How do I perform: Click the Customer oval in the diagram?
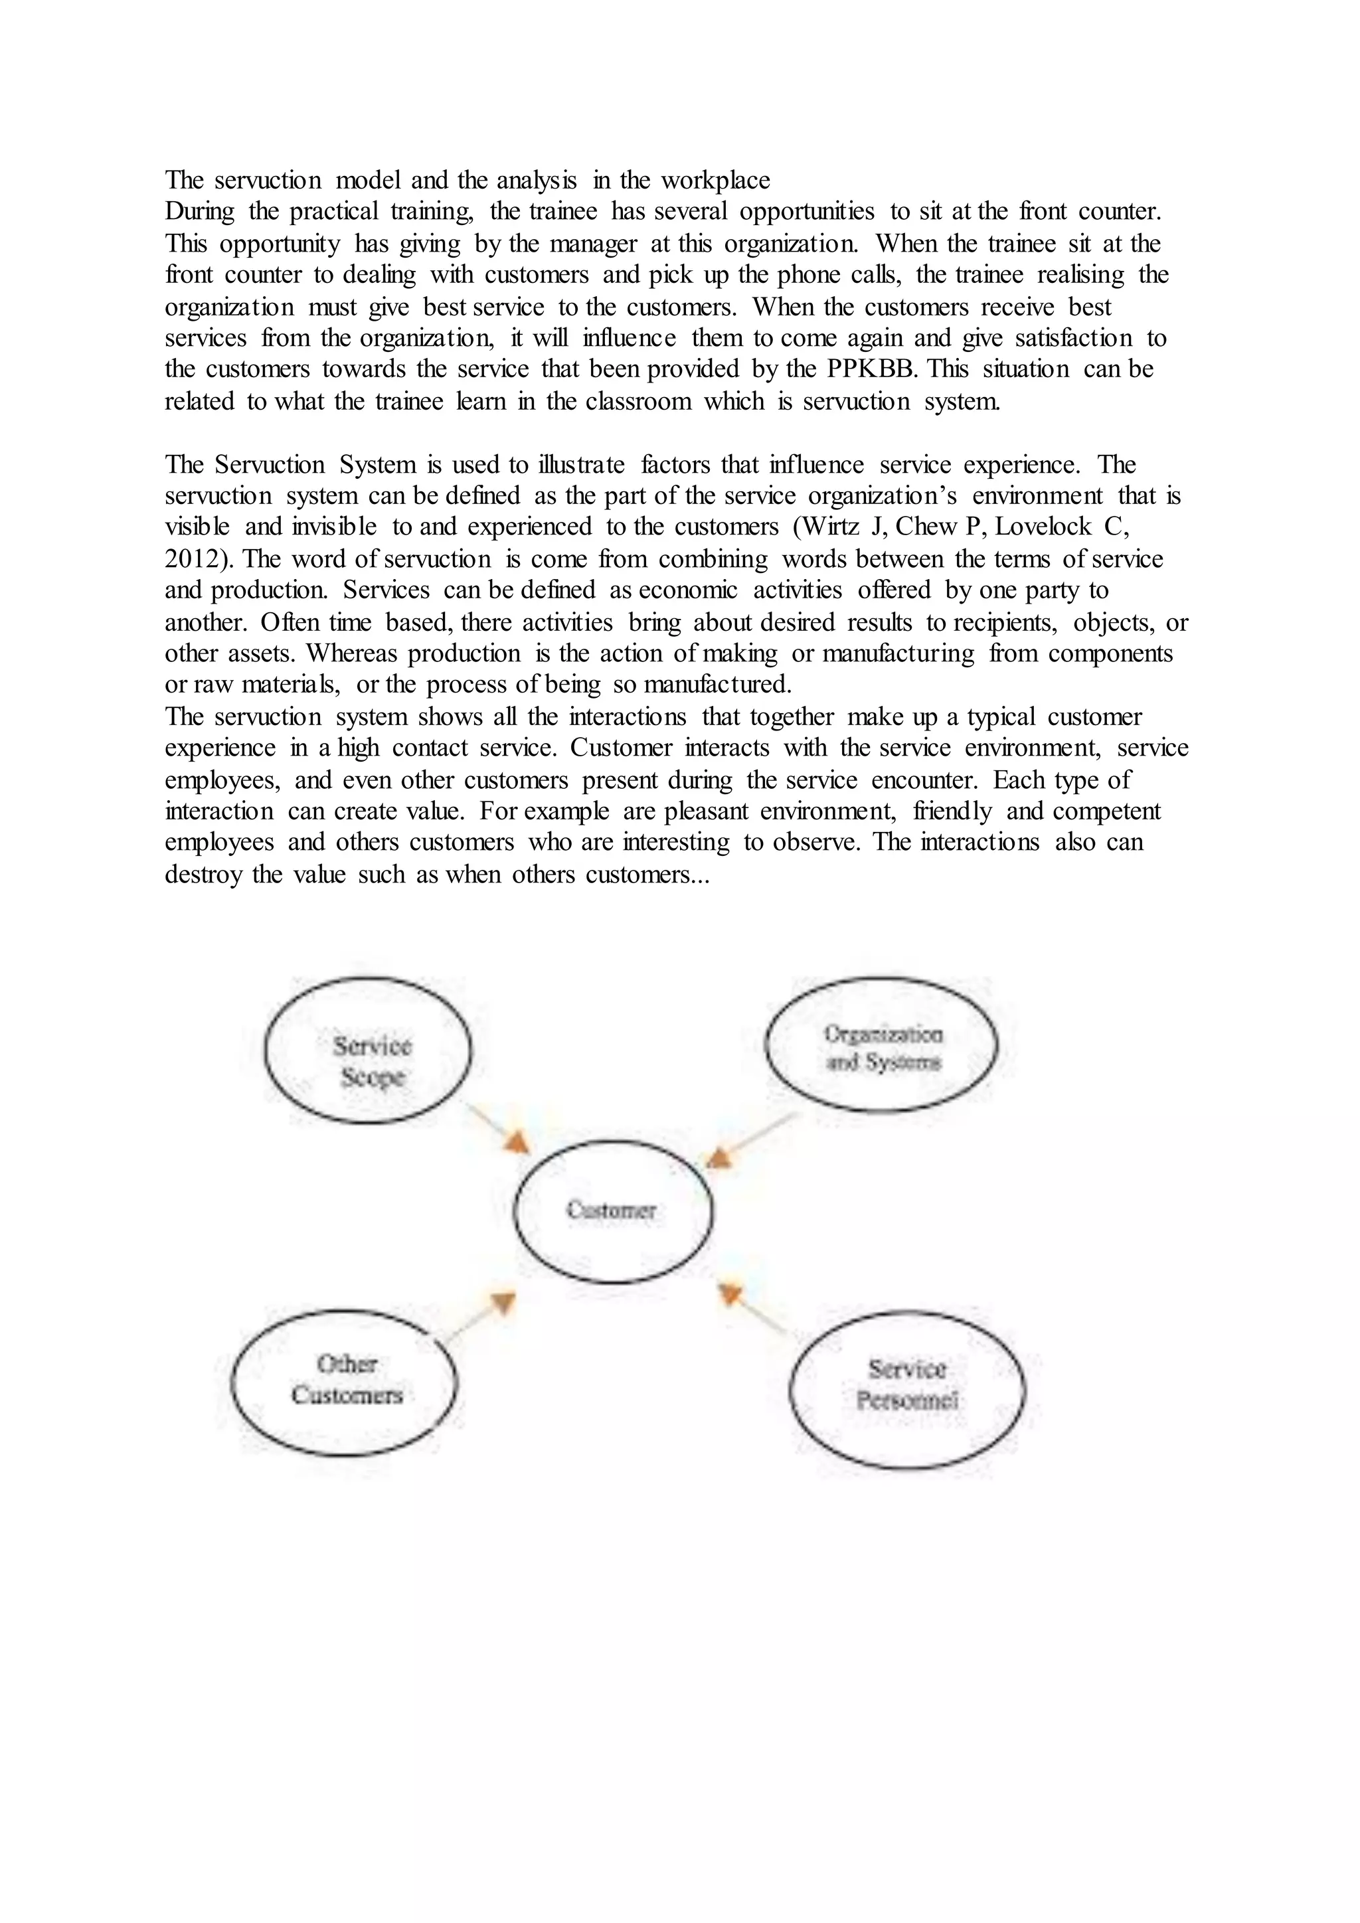pyautogui.click(x=612, y=1211)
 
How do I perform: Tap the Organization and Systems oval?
pyautogui.click(x=882, y=1045)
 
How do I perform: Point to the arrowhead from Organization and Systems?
pyautogui.click(x=719, y=1158)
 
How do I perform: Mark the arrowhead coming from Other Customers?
pyautogui.click(x=503, y=1302)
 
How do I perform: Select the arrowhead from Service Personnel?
pyautogui.click(x=729, y=1295)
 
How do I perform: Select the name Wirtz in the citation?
pyautogui.click(x=831, y=527)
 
